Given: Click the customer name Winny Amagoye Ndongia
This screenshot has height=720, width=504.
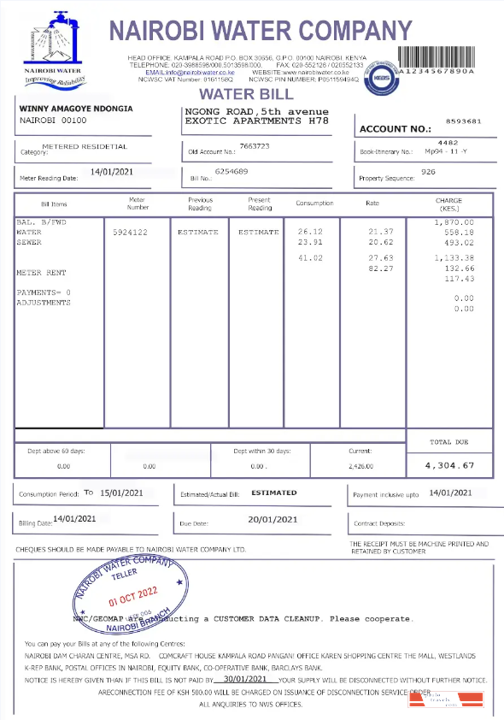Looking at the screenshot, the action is tap(76, 110).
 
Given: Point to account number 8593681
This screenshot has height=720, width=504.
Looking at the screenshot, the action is tap(464, 122).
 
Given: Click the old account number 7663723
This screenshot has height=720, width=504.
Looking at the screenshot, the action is tap(255, 146).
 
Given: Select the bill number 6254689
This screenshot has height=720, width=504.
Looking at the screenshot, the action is tap(231, 172).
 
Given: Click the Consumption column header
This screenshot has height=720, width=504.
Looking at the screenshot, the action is tap(314, 204).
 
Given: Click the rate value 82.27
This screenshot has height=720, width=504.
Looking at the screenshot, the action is tap(380, 269).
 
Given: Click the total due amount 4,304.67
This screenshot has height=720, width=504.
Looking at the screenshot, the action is tap(461, 465).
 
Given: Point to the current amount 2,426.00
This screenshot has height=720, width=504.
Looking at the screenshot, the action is tap(362, 467).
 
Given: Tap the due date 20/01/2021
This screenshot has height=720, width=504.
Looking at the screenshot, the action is tap(273, 520).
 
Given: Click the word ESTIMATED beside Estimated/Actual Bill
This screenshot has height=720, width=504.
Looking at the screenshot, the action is tap(274, 493).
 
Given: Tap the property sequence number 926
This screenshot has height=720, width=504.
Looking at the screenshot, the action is tap(429, 172).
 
